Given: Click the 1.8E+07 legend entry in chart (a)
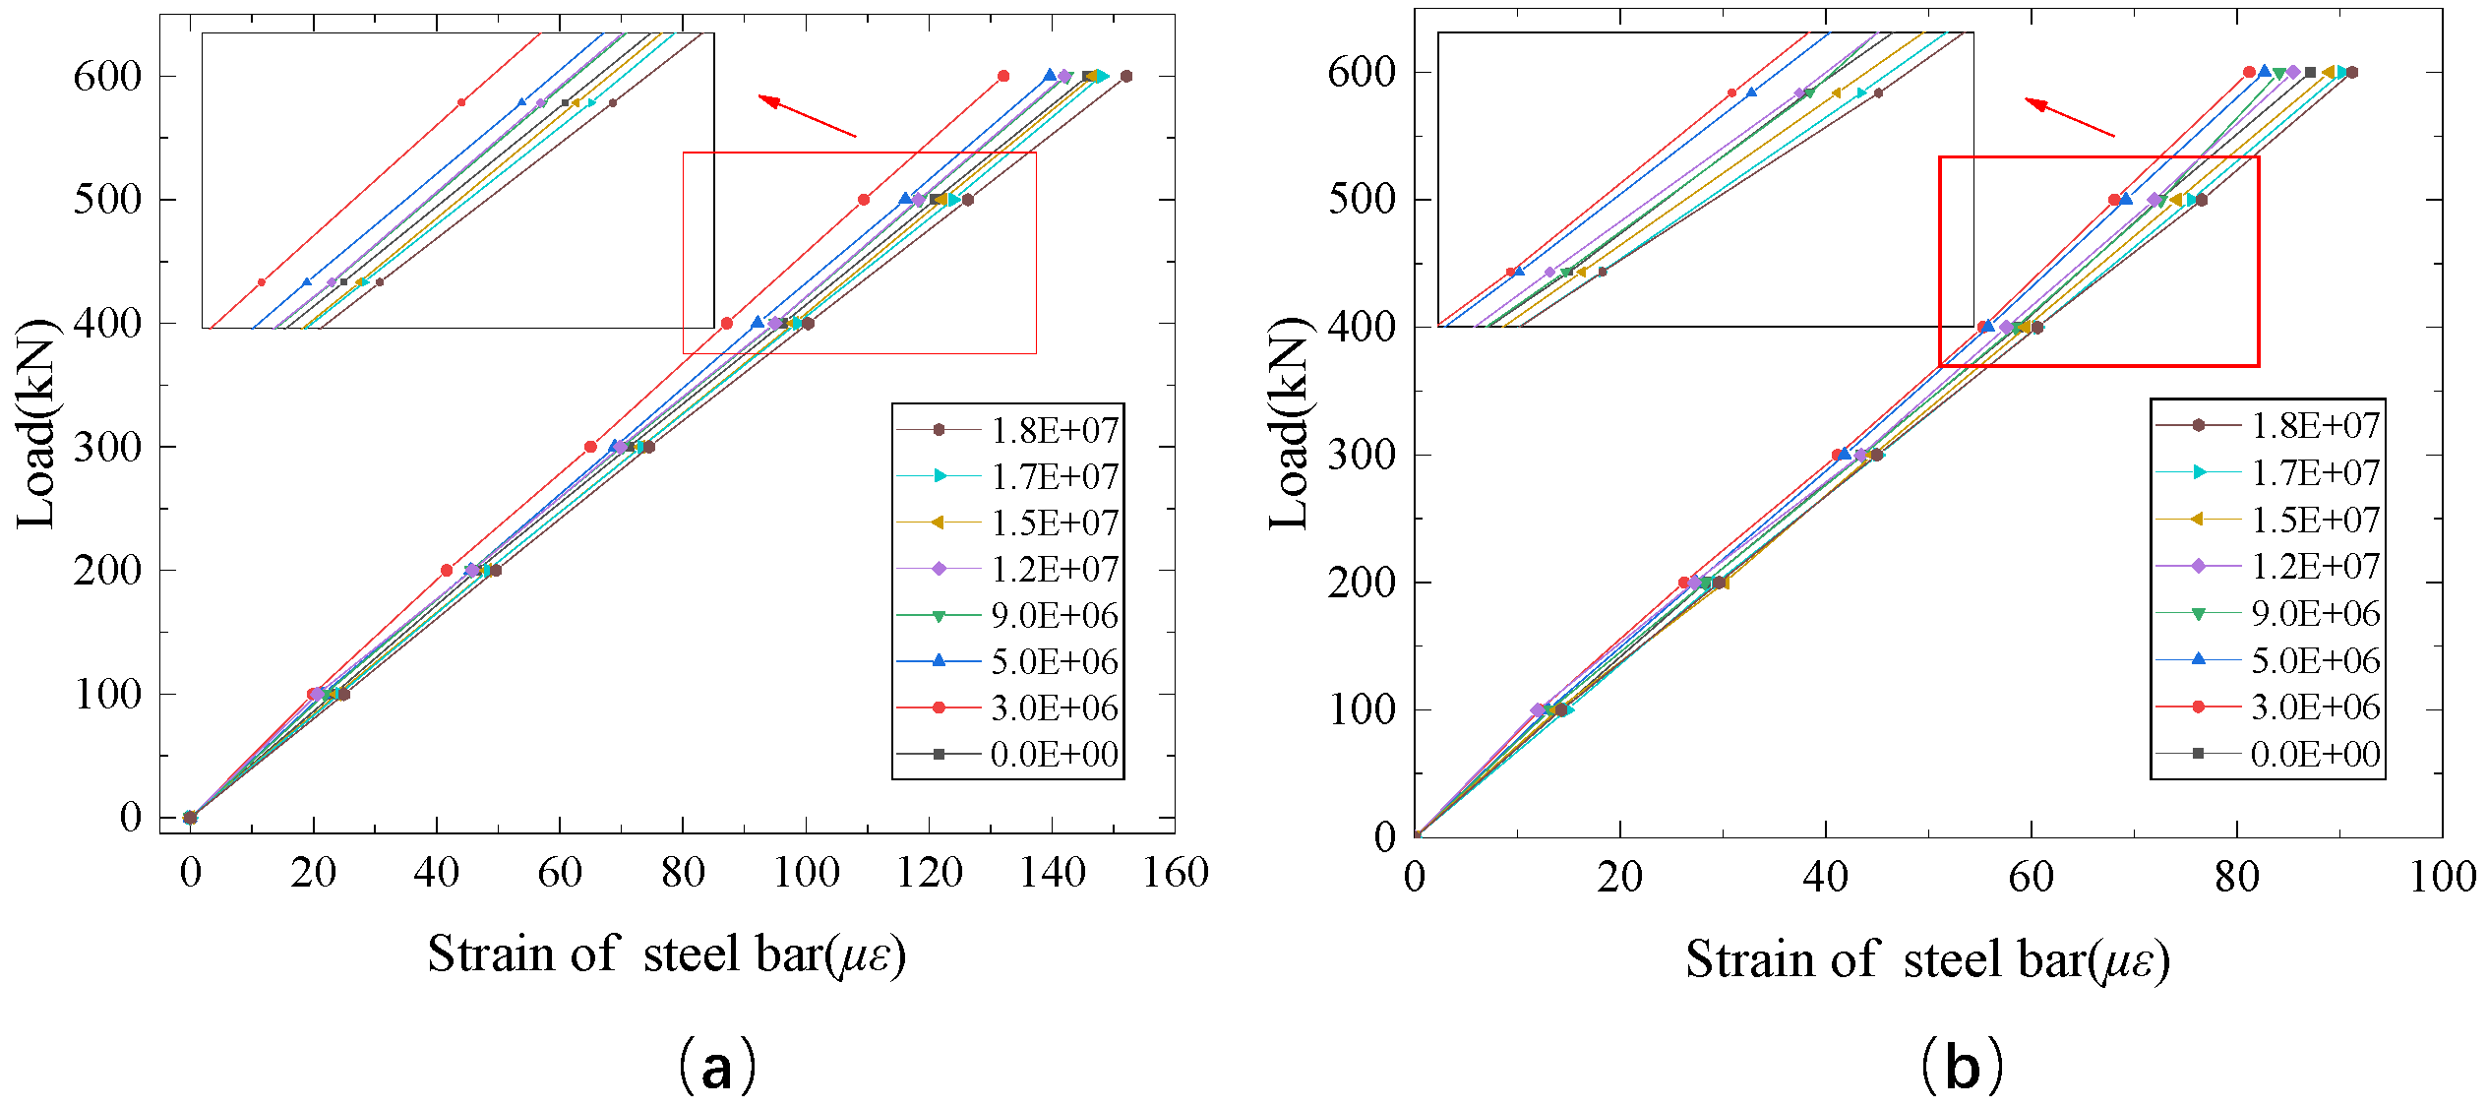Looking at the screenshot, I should pyautogui.click(x=1054, y=430).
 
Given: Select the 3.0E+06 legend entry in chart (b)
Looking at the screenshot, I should pyautogui.click(x=2315, y=707).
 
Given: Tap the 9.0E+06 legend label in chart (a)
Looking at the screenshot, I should pyautogui.click(x=1054, y=615).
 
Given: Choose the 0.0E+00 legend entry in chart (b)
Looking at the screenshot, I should pyautogui.click(x=2315, y=754).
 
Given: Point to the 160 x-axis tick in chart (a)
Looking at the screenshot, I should pyautogui.click(x=1175, y=872).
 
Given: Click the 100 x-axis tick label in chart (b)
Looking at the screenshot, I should pyautogui.click(x=2441, y=876).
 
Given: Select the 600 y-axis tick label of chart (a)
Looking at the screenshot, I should pyautogui.click(x=107, y=76).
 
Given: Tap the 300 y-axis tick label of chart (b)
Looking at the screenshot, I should pyautogui.click(x=1362, y=455).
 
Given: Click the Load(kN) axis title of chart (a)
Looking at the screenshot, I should pyautogui.click(x=36, y=423).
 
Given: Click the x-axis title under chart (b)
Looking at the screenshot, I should pyautogui.click(x=1926, y=959).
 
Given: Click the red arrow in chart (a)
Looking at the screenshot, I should pyautogui.click(x=807, y=115).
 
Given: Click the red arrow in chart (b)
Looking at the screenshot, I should pyautogui.click(x=2069, y=116).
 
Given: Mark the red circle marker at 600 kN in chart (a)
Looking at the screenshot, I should pyautogui.click(x=1003, y=76).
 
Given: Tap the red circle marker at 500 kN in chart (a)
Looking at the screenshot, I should pyautogui.click(x=864, y=200).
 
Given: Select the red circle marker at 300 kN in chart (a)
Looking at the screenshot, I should pyautogui.click(x=590, y=447).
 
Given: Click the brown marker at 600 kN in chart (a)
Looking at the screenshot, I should pyautogui.click(x=1126, y=76).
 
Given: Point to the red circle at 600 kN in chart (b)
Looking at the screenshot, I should pyautogui.click(x=2249, y=72).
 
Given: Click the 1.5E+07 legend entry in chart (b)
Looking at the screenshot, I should pyautogui.click(x=2315, y=520).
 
